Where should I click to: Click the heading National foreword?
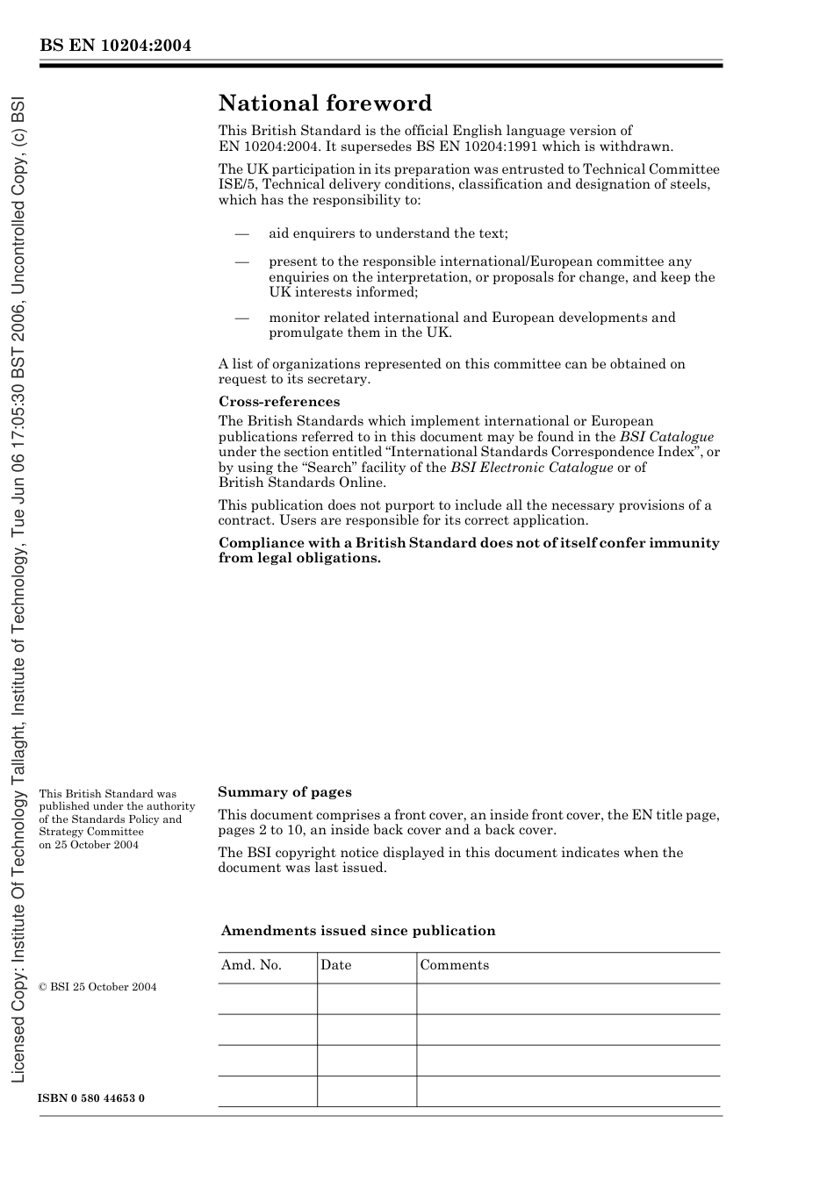tap(325, 104)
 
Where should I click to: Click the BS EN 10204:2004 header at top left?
tap(115, 46)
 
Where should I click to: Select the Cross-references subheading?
tap(279, 402)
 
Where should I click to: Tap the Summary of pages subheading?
tap(284, 792)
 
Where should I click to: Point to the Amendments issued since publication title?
tap(358, 931)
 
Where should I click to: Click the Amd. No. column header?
tap(251, 965)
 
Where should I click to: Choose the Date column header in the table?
tap(335, 965)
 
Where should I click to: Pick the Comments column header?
tap(454, 965)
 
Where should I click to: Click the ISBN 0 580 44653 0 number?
tap(92, 1098)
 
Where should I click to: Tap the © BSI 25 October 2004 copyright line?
tap(97, 987)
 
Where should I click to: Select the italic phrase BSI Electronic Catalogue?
tap(531, 468)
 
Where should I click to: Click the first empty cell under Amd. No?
tap(267, 998)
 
